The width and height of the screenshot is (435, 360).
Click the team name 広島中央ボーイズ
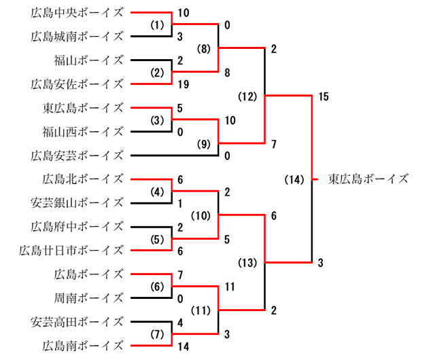click(77, 12)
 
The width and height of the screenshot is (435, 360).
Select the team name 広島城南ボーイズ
click(77, 36)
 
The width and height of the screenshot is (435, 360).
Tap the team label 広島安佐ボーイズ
click(77, 84)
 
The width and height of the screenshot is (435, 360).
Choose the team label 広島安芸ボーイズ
click(77, 156)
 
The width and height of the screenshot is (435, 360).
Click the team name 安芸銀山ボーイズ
click(77, 202)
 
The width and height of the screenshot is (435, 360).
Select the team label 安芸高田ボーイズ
click(77, 321)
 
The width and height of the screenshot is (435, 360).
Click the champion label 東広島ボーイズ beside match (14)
click(368, 179)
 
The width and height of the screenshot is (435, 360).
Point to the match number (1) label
click(158, 24)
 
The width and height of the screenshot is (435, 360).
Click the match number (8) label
click(205, 48)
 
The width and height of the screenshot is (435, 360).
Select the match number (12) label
click(248, 96)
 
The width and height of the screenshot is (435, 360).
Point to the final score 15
click(323, 96)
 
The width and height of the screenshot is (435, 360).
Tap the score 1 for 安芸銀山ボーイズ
click(179, 202)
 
